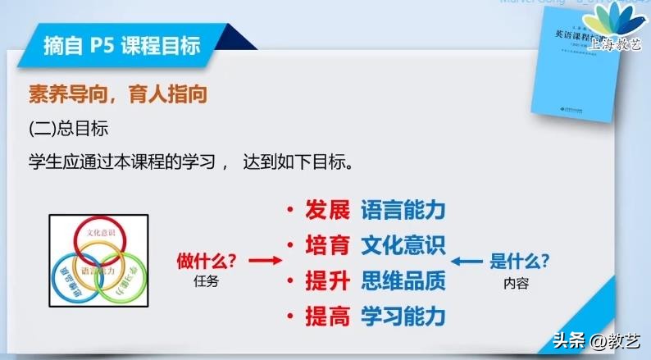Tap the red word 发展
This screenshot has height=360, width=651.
pos(327,210)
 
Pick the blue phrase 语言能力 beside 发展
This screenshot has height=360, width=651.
pos(403,210)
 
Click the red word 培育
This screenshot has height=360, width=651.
pos(327,245)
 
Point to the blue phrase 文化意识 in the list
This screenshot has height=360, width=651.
pos(403,245)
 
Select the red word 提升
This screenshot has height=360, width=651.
pos(327,280)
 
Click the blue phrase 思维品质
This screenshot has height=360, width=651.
pos(403,280)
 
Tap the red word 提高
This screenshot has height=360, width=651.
pos(327,316)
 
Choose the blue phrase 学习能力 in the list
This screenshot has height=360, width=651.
pos(403,316)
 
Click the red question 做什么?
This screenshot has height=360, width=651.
pos(207,262)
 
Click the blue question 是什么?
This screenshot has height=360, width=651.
pos(519,262)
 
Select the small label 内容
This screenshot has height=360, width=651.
pos(518,282)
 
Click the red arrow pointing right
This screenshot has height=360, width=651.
pos(264,262)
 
